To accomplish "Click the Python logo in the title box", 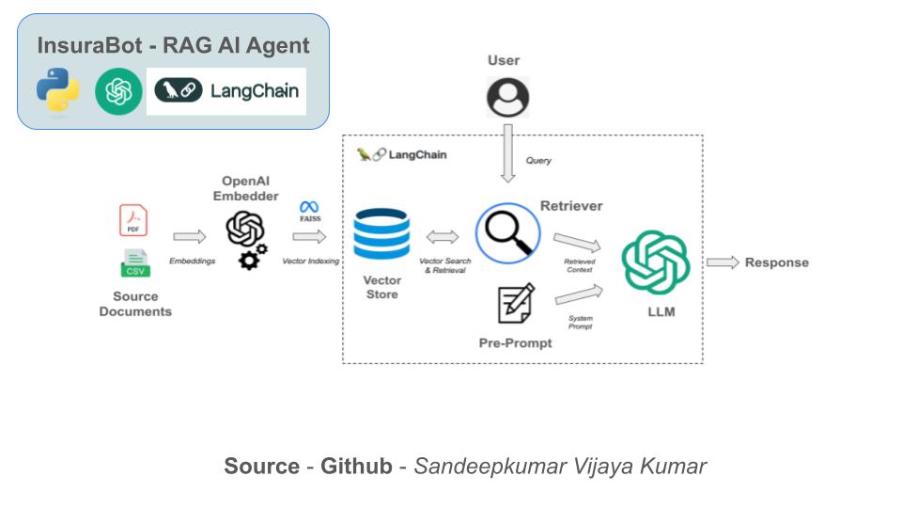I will click(x=58, y=90).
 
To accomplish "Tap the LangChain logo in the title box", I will click(x=226, y=91).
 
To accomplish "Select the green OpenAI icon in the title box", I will click(x=117, y=91).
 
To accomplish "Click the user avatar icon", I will click(x=507, y=97).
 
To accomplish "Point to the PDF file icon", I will click(x=133, y=221).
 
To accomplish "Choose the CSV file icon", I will click(x=134, y=262).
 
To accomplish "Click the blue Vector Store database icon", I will click(x=381, y=235).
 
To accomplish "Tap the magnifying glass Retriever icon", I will click(x=508, y=233).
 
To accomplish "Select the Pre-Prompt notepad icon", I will click(x=515, y=303).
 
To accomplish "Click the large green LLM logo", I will click(x=656, y=263).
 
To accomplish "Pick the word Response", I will click(x=776, y=262).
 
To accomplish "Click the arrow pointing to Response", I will click(x=723, y=262).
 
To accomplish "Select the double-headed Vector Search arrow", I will click(x=442, y=236).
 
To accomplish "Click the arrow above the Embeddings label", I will click(x=190, y=237).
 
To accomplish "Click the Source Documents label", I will click(x=135, y=303).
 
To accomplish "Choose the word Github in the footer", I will click(x=356, y=466).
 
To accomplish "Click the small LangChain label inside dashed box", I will click(x=402, y=154).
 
